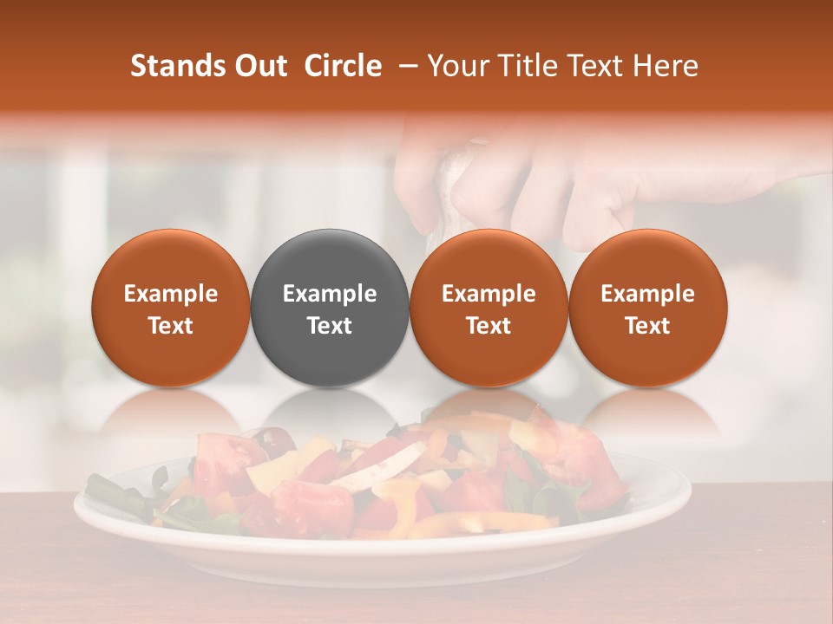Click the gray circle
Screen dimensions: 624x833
coord(330,308)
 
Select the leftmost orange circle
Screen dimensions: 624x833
coord(171,308)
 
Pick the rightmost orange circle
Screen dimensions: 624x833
coord(648,308)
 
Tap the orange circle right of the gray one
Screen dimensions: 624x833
coord(489,308)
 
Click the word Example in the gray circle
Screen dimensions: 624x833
coord(330,294)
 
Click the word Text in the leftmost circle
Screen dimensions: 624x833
coord(171,326)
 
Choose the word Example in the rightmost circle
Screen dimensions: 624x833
coord(648,294)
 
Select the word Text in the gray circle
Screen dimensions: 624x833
coord(330,326)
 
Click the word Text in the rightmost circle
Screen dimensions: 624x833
coord(648,326)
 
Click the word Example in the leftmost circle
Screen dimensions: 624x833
coord(171,294)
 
